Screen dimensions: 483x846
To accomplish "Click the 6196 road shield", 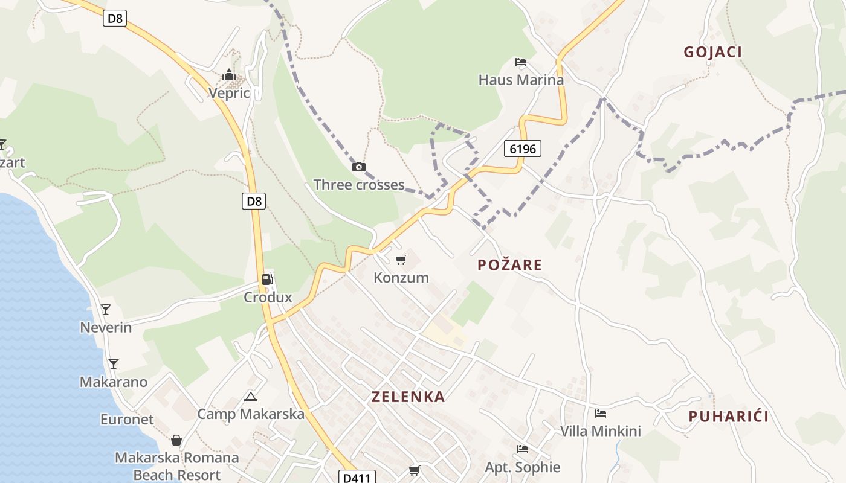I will [x=522, y=149].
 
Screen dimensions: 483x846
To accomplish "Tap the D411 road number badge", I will [x=356, y=478].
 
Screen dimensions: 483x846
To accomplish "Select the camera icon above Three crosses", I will [x=358, y=167].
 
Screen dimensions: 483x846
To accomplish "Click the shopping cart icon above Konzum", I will [x=401, y=260].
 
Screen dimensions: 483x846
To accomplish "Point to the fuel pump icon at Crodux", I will [x=267, y=280].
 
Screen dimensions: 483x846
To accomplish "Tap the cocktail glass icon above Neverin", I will [x=106, y=310].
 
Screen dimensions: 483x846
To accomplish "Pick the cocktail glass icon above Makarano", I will [x=113, y=364].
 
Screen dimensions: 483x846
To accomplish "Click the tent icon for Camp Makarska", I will [x=250, y=397].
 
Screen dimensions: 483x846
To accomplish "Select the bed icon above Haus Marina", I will [x=521, y=62].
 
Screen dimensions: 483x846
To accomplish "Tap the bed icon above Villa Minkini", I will [x=600, y=414].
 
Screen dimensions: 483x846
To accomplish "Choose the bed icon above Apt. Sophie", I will [x=522, y=449].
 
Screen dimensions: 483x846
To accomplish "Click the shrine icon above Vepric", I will [x=229, y=75].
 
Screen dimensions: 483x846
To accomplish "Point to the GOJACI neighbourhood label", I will [x=712, y=52].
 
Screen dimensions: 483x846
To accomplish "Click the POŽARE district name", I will [x=509, y=265].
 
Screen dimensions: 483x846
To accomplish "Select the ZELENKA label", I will [x=408, y=397].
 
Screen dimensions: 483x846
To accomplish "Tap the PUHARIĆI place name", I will [x=728, y=417].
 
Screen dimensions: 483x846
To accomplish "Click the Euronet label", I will [x=127, y=420].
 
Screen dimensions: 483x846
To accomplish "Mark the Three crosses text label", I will [x=359, y=185].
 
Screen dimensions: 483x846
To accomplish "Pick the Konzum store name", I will [x=401, y=278].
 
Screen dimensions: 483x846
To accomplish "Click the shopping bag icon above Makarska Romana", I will [x=176, y=440].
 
